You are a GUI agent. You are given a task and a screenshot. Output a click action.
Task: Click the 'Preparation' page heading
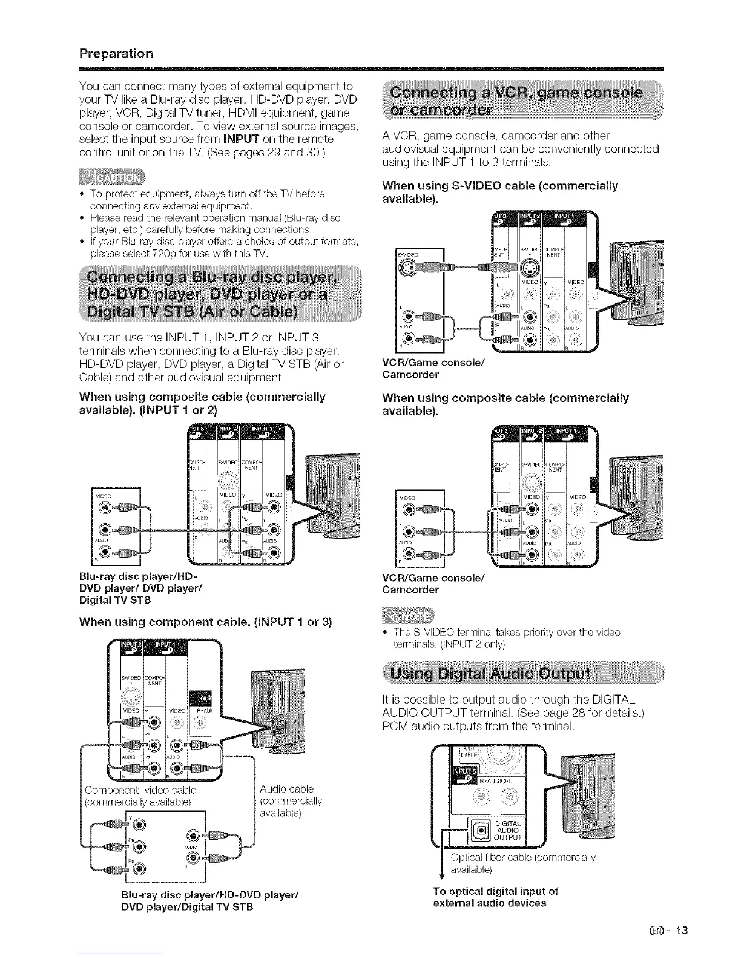pos(116,53)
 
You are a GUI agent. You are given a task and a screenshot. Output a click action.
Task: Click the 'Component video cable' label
pos(140,790)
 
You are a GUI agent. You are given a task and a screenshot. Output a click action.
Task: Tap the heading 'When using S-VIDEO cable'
pos(500,192)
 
